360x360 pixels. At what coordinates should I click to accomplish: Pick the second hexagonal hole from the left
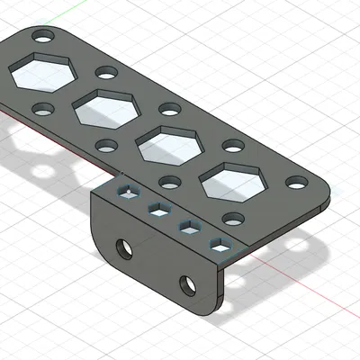pos(105,108)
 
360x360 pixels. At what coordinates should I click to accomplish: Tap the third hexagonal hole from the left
pos(169,144)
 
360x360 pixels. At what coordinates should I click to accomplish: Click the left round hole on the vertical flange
pos(124,245)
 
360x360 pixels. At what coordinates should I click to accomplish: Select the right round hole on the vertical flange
pos(189,285)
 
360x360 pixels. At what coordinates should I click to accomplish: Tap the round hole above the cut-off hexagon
pos(41,38)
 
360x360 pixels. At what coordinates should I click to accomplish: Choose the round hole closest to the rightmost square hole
pos(233,218)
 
